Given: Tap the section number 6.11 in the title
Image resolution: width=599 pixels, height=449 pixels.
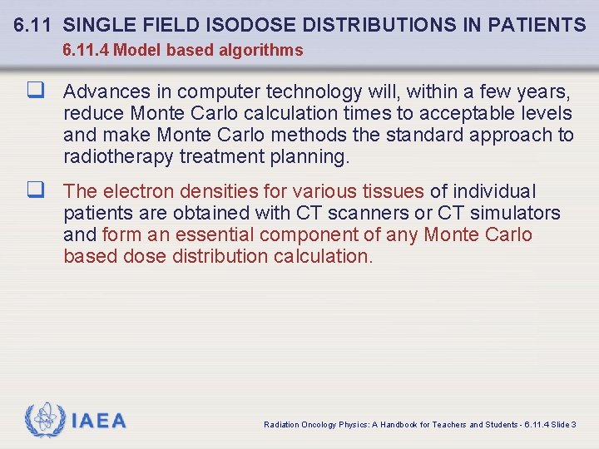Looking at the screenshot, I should [x=34, y=26].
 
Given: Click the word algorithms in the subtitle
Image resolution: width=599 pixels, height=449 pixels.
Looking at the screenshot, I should [x=262, y=51].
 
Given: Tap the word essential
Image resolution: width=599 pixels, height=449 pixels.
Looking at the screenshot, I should [x=208, y=234].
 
